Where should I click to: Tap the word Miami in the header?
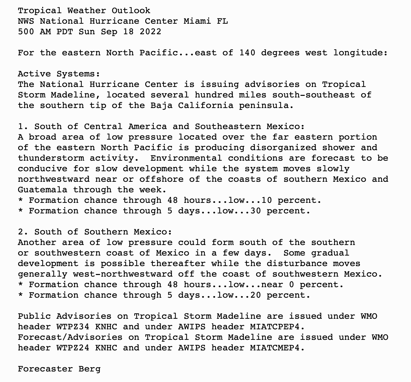197,21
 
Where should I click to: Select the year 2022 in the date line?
151,32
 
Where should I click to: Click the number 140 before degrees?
247,53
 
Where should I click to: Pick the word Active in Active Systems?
34,74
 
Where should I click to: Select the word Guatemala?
42,190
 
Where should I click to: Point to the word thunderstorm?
51,158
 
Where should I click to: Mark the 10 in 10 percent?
267,200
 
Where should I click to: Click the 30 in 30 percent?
256,211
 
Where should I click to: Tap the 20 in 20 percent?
256,295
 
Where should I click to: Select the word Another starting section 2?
37,242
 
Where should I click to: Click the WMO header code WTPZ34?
73,327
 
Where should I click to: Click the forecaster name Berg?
89,369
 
